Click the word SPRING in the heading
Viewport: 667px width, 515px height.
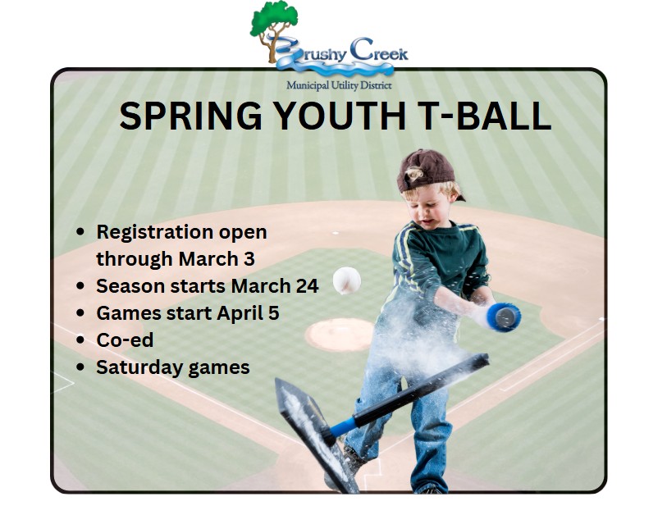click(x=190, y=116)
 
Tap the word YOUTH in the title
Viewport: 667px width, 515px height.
click(x=339, y=116)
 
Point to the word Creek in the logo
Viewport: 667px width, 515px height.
click(x=378, y=51)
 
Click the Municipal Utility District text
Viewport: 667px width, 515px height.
click(x=339, y=85)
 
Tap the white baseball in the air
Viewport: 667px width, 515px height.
click(x=347, y=280)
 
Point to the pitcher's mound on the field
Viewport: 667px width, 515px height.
click(x=340, y=335)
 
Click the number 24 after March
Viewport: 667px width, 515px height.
click(x=307, y=285)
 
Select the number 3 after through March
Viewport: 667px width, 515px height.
click(x=249, y=258)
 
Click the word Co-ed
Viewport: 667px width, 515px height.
click(x=125, y=340)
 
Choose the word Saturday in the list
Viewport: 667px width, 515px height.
click(x=139, y=368)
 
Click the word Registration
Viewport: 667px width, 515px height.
click(x=155, y=233)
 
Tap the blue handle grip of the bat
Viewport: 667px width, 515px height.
click(x=341, y=427)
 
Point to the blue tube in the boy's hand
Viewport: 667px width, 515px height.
click(x=504, y=317)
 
